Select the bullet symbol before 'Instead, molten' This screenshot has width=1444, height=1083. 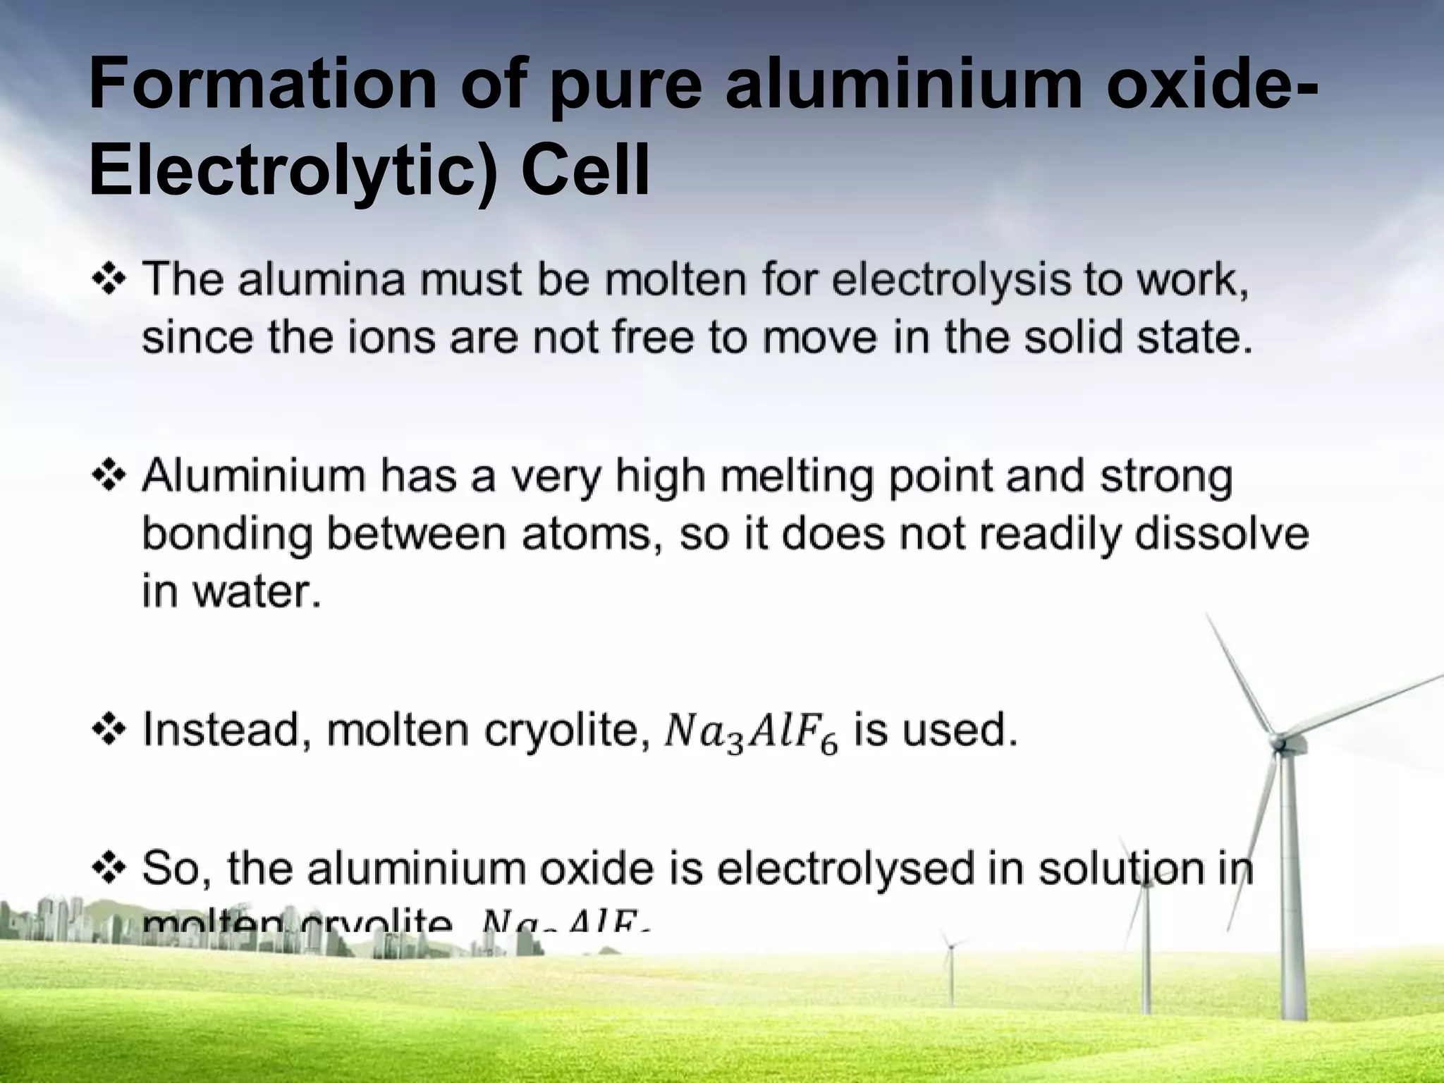click(109, 730)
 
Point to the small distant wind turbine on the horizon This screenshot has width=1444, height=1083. click(950, 946)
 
